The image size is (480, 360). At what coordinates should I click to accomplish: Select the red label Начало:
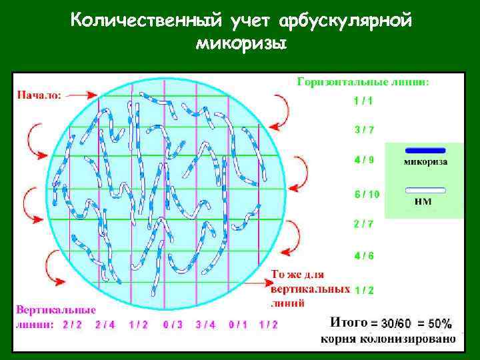click(x=39, y=95)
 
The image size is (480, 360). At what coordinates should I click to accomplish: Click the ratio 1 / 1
click(x=364, y=101)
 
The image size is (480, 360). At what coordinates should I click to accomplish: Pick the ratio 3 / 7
click(x=364, y=130)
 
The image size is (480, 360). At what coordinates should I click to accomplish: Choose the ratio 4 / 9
click(x=364, y=159)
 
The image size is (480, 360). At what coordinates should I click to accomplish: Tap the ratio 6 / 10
click(x=367, y=195)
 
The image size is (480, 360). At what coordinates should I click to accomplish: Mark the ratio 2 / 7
click(x=364, y=224)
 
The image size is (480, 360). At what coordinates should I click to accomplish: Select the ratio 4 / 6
click(x=364, y=255)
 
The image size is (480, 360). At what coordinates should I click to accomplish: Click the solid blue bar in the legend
click(x=425, y=150)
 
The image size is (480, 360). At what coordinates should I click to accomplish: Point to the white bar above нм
click(x=425, y=190)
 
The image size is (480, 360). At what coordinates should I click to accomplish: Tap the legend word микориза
click(x=425, y=161)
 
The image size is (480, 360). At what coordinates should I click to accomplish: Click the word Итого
click(x=349, y=323)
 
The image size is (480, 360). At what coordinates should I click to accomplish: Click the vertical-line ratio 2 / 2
click(x=73, y=325)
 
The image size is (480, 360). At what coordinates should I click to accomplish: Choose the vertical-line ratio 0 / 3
click(x=173, y=325)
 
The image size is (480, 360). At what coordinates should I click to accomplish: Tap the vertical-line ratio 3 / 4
click(x=205, y=325)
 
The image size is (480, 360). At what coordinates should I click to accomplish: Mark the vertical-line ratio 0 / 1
click(x=238, y=325)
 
